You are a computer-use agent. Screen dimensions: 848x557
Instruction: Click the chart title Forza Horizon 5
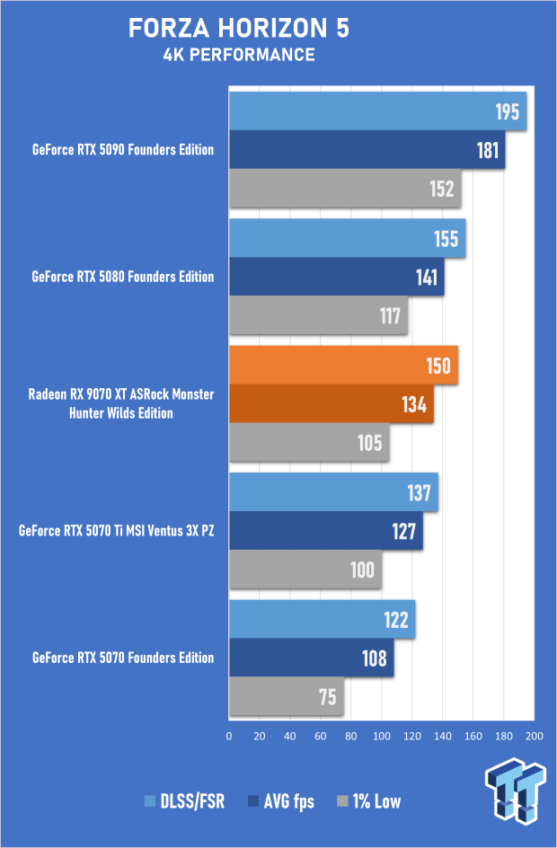point(239,29)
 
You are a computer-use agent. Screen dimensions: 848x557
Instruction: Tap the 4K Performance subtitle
point(239,56)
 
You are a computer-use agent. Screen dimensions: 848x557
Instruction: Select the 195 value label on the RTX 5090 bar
point(508,111)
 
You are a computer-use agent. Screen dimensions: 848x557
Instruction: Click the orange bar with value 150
point(343,366)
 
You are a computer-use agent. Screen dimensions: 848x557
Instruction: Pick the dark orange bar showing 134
point(331,404)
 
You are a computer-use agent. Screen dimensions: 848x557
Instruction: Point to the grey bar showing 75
point(286,697)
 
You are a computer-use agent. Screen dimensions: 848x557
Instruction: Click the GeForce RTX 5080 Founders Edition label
point(122,277)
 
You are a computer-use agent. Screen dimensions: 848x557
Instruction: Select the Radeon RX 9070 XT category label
point(121,403)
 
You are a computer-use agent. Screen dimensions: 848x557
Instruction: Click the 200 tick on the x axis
point(534,736)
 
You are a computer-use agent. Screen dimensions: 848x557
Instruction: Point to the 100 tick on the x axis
point(382,736)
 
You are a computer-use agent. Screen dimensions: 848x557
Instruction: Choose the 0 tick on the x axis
point(229,736)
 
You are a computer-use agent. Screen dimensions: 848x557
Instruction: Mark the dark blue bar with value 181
point(367,150)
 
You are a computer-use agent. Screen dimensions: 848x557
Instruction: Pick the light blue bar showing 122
point(322,621)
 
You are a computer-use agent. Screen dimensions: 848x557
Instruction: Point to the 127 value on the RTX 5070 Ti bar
point(403,531)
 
